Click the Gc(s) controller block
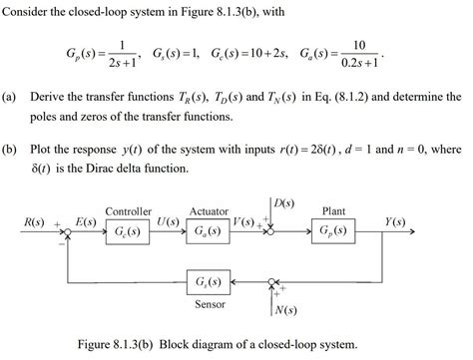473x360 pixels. tap(127, 231)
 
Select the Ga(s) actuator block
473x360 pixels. tap(211, 231)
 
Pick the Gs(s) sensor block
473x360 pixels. tap(211, 282)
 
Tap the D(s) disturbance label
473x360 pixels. tap(281, 201)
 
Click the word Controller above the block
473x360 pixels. tap(128, 211)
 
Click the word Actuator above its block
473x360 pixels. tap(211, 211)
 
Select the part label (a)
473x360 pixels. tap(11, 100)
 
